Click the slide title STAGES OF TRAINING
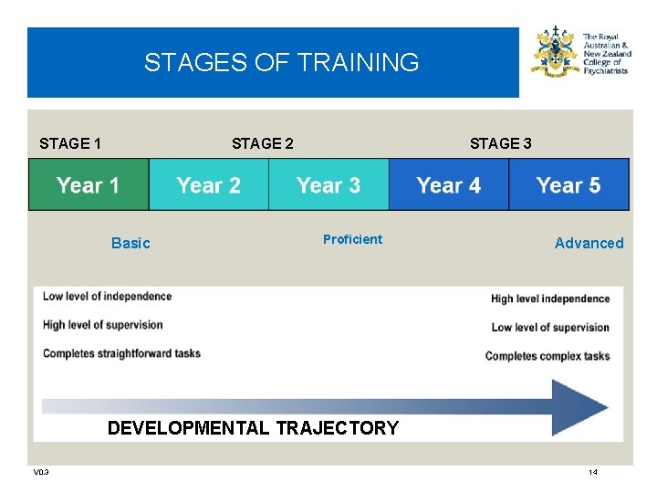click(x=281, y=63)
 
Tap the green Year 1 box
click(x=89, y=185)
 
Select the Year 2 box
click(x=209, y=185)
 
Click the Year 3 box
click(x=328, y=185)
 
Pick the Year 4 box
click(x=449, y=185)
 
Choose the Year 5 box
click(x=568, y=185)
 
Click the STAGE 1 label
click(x=70, y=143)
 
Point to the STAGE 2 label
click(x=263, y=143)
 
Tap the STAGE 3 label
click(x=500, y=143)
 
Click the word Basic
click(x=130, y=243)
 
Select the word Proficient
click(x=352, y=239)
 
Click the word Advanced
click(x=589, y=243)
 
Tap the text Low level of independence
click(x=107, y=296)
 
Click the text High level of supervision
click(x=102, y=325)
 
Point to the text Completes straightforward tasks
click(x=121, y=353)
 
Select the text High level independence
click(x=549, y=299)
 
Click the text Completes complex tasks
click(x=547, y=356)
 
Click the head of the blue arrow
click(x=581, y=407)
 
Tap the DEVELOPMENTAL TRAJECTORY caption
click(x=253, y=428)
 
